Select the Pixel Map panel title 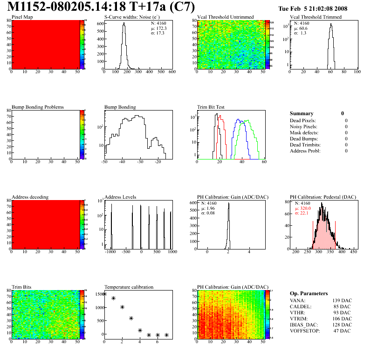22,17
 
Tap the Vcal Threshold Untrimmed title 225,17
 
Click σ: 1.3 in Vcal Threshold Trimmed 300,33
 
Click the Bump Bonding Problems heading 37,107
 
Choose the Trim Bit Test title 211,107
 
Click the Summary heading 302,113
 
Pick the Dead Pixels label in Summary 303,121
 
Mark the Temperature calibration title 129,287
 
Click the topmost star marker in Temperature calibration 105,294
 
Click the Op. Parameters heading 309,293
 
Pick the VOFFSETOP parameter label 305,331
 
